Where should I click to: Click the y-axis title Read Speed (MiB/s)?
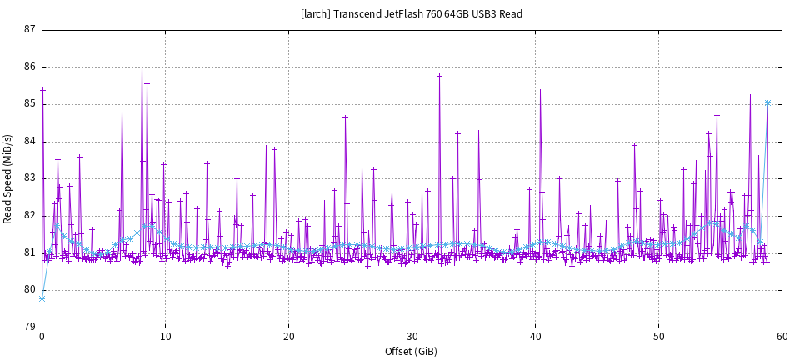point(7,178)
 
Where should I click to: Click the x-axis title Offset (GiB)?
point(412,351)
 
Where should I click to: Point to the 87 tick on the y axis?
point(30,30)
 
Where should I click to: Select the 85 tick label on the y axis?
point(30,104)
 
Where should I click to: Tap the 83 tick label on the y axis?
point(30,178)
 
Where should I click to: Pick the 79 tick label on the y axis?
point(30,327)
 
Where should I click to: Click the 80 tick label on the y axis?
point(30,290)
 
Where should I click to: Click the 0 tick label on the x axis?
point(42,337)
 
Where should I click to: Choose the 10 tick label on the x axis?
point(165,337)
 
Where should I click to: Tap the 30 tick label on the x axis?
point(412,337)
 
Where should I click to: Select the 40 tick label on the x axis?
point(535,337)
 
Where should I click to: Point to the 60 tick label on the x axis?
point(782,337)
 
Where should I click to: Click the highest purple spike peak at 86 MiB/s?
point(142,67)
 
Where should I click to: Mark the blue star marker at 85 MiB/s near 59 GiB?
point(767,102)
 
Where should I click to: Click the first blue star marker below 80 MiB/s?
point(42,298)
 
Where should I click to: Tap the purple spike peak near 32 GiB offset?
point(439,76)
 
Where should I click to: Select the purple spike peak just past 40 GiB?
point(540,92)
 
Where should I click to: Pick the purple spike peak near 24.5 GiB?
point(345,117)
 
